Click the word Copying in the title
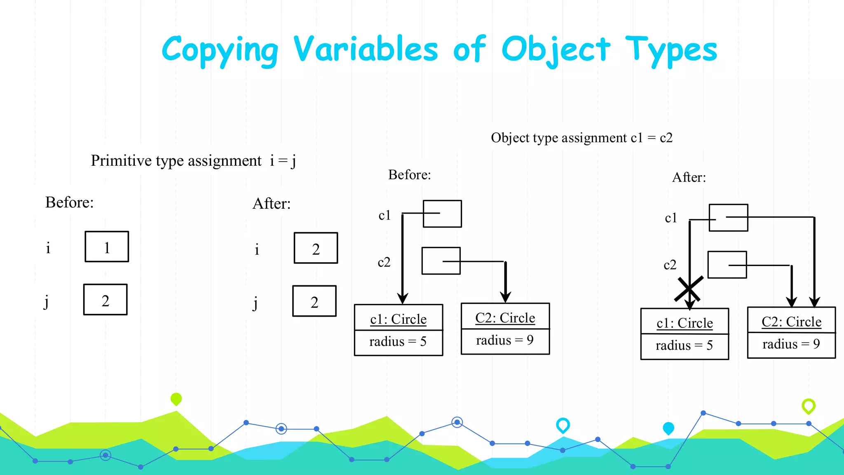pos(220,50)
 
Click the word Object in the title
pos(555,50)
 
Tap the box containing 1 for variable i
pos(107,247)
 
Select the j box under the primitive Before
pos(105,300)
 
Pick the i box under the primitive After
pos(316,248)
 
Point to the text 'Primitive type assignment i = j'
pos(193,161)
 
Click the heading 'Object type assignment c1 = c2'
pos(581,138)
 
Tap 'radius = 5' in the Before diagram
pos(398,342)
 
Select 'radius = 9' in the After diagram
pos(791,344)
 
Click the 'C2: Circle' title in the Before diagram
pos(505,318)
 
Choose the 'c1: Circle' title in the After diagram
pos(685,323)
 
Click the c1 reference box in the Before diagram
pos(442,214)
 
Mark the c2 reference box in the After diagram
pos(727,265)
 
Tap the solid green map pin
pos(176,399)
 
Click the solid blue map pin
pos(668,428)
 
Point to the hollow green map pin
pos(809,406)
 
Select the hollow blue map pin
pos(563,425)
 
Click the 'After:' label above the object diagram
pos(689,177)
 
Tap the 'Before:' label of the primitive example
pos(69,202)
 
